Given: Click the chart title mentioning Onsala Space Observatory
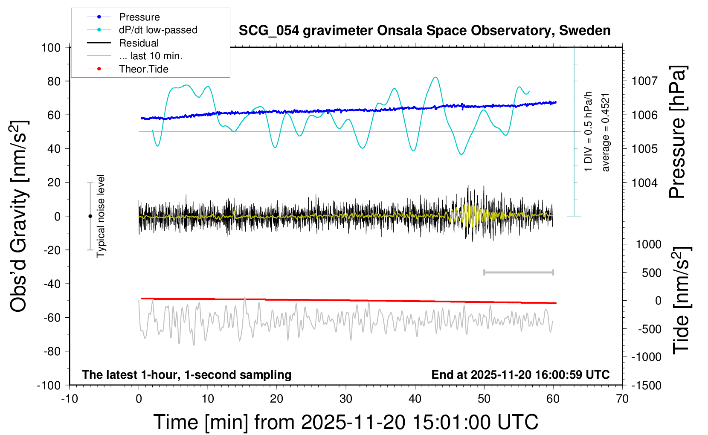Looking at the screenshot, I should tap(424, 31).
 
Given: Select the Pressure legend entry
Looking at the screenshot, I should tap(139, 17).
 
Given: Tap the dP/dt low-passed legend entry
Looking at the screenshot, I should tap(158, 30).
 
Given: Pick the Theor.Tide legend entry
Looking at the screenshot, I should tap(143, 69).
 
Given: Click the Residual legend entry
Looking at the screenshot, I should tap(139, 43).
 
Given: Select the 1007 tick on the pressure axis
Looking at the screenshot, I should tap(644, 81).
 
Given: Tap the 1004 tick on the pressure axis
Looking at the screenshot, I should tap(644, 183).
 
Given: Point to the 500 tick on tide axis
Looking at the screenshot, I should tap(652, 273).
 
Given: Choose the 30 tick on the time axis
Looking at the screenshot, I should tap(345, 399).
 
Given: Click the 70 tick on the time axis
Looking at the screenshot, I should tap(622, 399).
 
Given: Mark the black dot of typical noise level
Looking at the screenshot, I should tap(90, 216).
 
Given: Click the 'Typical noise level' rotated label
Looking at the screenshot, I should tap(101, 216).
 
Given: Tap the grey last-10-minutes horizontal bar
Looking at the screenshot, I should tap(518, 272).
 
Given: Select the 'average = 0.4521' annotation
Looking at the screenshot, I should tap(606, 132).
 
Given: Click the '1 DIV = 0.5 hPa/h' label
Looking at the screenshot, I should tap(589, 131).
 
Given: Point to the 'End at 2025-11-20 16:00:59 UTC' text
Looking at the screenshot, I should tap(520, 375).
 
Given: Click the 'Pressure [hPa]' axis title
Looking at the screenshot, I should tap(677, 132).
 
